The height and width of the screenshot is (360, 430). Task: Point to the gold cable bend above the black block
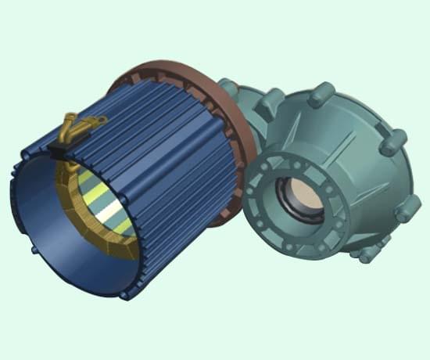[68, 125]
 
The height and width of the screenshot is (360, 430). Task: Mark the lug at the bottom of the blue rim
[125, 295]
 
